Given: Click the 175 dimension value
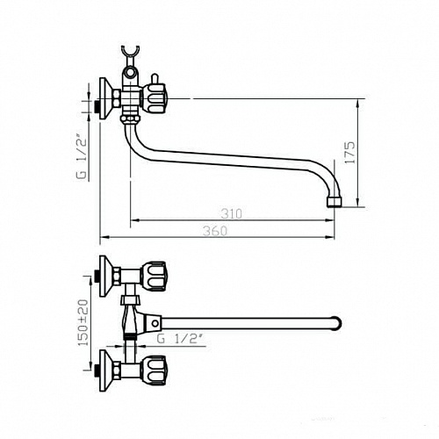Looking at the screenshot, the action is click(350, 153).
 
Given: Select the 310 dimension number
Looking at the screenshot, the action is click(232, 214).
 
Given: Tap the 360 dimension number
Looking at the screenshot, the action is click(215, 231).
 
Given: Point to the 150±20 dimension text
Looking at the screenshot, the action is click(83, 322).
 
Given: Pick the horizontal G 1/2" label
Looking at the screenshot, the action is click(180, 339).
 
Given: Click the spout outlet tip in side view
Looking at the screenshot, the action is click(334, 203).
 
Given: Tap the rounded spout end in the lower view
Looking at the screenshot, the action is click(337, 323).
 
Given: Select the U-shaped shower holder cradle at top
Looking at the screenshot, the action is click(130, 51).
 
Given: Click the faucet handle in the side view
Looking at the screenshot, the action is click(154, 99).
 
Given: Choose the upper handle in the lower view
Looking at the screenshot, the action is click(154, 277).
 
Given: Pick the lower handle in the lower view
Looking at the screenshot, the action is click(154, 371).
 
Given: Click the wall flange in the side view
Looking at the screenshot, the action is click(105, 98).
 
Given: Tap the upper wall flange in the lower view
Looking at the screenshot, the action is click(106, 277).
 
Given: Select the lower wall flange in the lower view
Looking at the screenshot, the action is click(106, 371).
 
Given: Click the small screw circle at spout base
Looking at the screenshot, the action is click(155, 323).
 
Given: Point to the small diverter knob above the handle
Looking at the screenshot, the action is click(154, 79).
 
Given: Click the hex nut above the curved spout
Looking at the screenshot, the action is click(130, 119).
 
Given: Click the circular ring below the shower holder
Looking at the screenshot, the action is click(129, 71).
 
